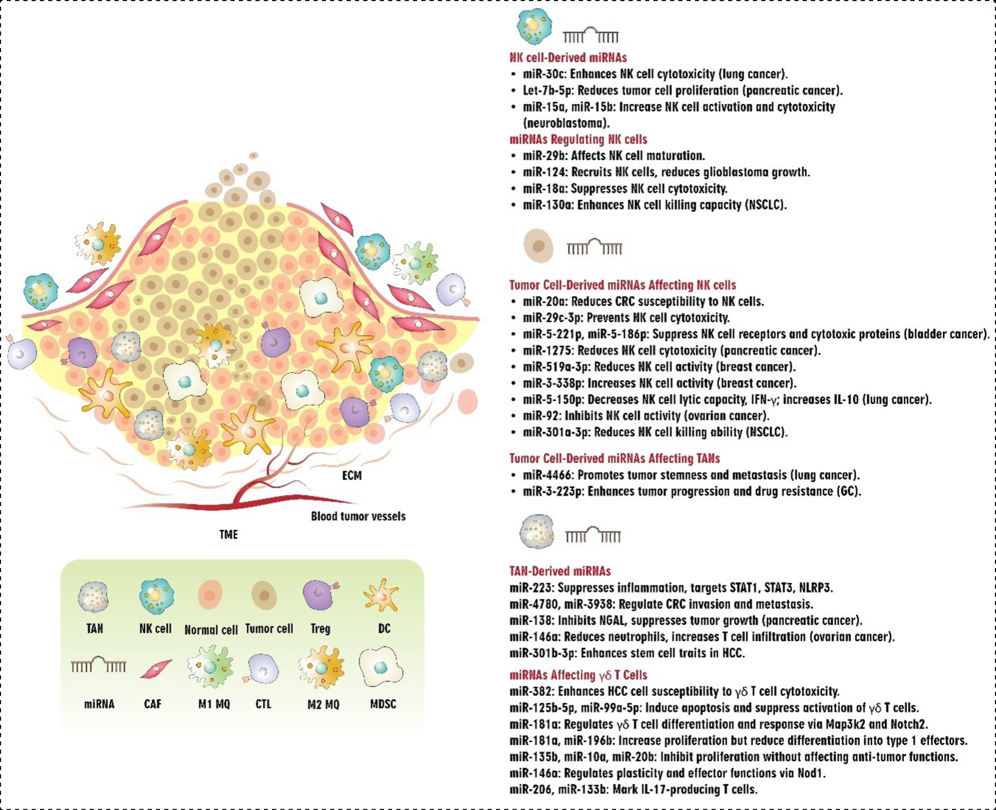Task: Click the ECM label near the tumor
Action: [352, 475]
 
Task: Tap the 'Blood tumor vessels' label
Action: [358, 516]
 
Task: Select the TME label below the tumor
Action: [229, 534]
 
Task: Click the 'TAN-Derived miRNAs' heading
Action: [560, 571]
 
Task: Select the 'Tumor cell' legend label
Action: [269, 628]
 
